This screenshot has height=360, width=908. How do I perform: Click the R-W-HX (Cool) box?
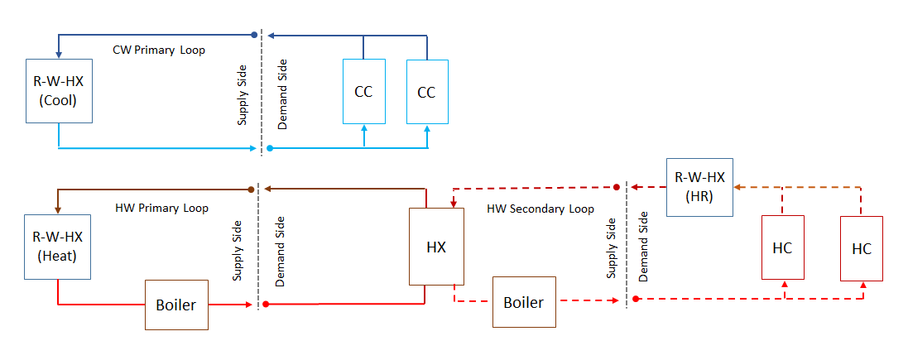(x=57, y=90)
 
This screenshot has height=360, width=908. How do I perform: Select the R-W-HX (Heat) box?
(x=57, y=246)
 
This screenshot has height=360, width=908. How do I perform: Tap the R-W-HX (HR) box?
(x=699, y=187)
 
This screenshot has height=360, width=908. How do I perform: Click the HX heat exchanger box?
(x=435, y=247)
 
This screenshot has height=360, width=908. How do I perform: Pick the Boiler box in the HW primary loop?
(x=176, y=305)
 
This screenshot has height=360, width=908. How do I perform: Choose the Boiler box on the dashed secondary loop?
(x=524, y=302)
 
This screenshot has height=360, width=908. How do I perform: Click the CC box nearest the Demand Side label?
(x=363, y=91)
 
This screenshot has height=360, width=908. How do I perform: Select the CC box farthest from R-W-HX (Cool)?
(x=426, y=91)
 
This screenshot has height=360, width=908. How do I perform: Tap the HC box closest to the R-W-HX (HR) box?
(x=783, y=247)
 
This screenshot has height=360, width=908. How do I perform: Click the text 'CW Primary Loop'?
(x=159, y=50)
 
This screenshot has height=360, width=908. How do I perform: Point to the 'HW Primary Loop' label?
(x=161, y=208)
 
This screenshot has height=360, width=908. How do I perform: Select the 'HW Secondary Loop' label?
(x=540, y=209)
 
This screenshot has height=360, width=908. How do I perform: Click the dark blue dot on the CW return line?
(x=254, y=36)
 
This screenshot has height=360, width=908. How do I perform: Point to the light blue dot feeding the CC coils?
(x=270, y=149)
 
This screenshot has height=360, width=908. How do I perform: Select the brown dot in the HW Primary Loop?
(x=251, y=190)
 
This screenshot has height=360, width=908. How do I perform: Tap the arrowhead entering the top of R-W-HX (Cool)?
(x=57, y=55)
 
